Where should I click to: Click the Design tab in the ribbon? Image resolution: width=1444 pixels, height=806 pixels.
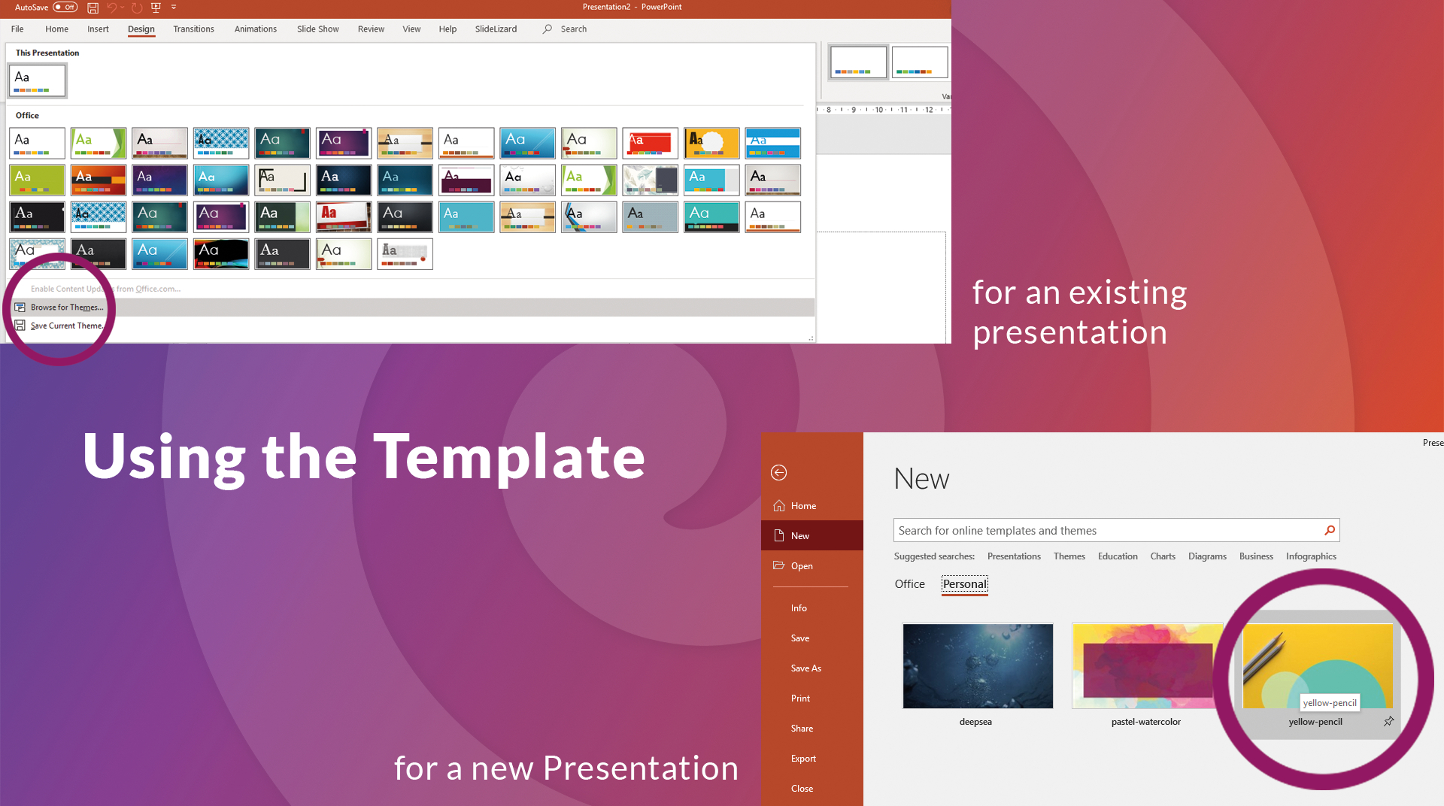click(141, 29)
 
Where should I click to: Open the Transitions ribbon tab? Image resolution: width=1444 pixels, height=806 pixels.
click(193, 29)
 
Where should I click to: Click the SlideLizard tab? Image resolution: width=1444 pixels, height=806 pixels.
click(496, 29)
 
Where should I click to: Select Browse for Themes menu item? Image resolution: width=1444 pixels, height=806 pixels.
click(67, 308)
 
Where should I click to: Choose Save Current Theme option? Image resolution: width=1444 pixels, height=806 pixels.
click(66, 326)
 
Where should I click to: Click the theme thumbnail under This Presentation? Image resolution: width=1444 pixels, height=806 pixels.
click(37, 80)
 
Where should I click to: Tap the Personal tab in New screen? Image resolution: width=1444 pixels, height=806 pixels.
click(964, 584)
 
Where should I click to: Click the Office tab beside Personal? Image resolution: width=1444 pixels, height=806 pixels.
click(909, 584)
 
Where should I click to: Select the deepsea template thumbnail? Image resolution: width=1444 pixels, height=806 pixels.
click(977, 666)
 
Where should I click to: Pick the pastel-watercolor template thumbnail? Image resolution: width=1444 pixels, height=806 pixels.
click(1145, 666)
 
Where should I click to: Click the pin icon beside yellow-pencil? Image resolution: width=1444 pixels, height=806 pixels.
click(1388, 722)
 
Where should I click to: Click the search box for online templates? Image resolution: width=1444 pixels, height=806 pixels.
click(1106, 531)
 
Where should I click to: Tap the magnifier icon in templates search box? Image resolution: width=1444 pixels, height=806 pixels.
click(1330, 531)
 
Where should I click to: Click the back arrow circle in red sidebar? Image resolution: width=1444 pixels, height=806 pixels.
click(778, 473)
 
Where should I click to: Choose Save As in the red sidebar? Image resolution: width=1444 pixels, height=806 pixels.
click(805, 668)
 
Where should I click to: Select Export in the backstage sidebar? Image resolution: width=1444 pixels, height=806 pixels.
click(802, 759)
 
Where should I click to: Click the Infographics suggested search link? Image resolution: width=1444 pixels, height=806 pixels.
click(1310, 556)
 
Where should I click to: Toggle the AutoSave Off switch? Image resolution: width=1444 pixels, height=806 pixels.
click(65, 8)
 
